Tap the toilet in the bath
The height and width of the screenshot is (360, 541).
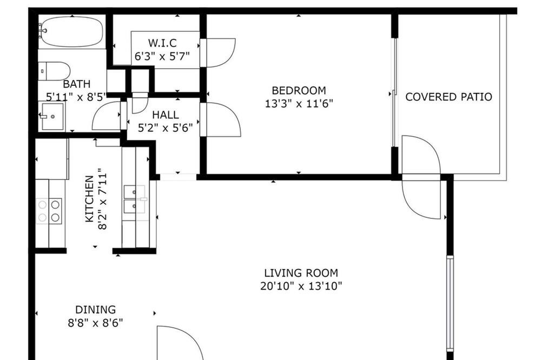54,71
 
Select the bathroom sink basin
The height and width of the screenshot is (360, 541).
52,116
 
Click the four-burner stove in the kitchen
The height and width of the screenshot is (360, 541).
49,211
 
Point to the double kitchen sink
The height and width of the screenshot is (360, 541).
135,199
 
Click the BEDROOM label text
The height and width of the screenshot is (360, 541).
299,90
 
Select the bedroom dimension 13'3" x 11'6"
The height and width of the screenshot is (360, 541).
299,103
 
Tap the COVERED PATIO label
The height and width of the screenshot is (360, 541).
448,97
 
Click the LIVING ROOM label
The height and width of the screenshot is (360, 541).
301,273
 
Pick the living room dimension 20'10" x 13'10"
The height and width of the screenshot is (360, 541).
301,286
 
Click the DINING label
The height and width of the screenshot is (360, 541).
96,309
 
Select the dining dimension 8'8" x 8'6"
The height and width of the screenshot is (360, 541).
96,323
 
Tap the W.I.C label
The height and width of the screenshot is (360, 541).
162,43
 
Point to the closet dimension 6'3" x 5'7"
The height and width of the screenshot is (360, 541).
162,56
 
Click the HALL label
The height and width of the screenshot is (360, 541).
166,115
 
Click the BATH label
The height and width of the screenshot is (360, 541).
77,84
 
